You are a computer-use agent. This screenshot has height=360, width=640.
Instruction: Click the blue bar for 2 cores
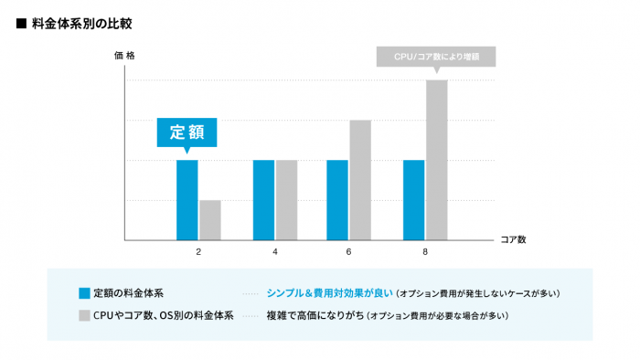(x=187, y=200)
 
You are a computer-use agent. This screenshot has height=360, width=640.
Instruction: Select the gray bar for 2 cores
(x=210, y=220)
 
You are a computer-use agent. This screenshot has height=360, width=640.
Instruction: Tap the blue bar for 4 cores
(x=263, y=200)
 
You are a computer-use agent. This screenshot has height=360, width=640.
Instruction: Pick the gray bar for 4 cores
(x=286, y=200)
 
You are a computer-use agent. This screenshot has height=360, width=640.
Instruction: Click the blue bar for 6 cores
(x=337, y=200)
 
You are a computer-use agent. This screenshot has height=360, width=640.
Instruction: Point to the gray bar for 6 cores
(x=360, y=180)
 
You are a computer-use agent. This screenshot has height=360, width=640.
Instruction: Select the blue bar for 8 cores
(x=413, y=200)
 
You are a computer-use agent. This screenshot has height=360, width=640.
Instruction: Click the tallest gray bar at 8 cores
(x=436, y=160)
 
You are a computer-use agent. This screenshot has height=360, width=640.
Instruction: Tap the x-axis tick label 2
(x=198, y=251)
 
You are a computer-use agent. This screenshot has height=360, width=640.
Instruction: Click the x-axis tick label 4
(x=274, y=251)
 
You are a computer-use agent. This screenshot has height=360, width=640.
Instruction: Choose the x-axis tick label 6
(x=349, y=251)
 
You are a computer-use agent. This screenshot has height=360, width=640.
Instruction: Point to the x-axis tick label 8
(x=425, y=251)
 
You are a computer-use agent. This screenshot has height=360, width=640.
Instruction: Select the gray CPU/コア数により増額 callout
(x=436, y=57)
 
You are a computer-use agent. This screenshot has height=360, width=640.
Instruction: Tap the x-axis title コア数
(x=513, y=239)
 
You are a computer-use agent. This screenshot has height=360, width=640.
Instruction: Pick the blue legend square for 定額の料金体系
(x=84, y=293)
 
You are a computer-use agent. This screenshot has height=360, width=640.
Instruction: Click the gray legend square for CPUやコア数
(x=84, y=315)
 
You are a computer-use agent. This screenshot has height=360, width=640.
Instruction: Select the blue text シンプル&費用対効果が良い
(x=329, y=293)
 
